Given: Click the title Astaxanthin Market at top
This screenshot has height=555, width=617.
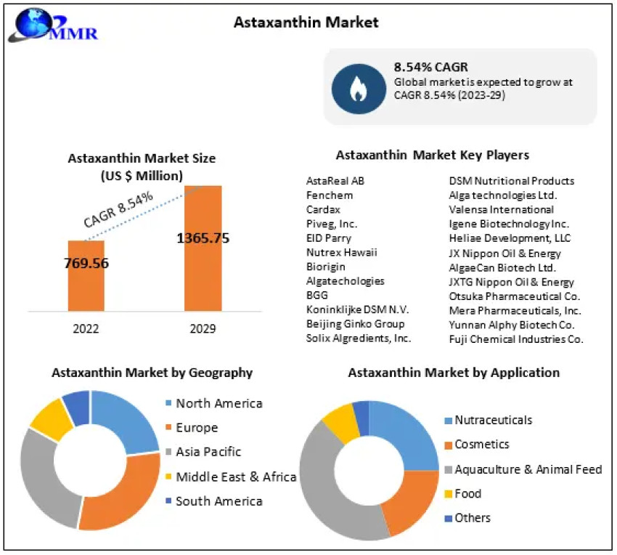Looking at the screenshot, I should click(x=306, y=23).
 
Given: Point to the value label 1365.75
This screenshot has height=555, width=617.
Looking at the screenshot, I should click(x=203, y=238).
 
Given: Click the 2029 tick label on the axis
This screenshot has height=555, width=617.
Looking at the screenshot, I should click(x=203, y=328).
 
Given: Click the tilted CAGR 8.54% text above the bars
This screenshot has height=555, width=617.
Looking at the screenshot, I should click(x=118, y=210).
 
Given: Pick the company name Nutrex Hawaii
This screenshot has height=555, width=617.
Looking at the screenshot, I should click(x=341, y=252).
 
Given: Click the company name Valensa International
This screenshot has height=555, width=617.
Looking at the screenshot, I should click(x=501, y=209).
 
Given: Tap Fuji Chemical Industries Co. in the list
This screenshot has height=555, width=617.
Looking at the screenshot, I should click(x=516, y=339).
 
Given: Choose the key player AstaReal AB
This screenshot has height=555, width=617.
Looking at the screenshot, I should click(x=335, y=181).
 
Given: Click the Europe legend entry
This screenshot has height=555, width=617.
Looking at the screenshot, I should click(x=196, y=428).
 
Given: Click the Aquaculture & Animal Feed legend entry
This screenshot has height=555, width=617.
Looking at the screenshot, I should click(x=528, y=469).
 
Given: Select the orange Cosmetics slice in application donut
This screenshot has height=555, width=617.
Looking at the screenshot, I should click(x=406, y=501).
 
